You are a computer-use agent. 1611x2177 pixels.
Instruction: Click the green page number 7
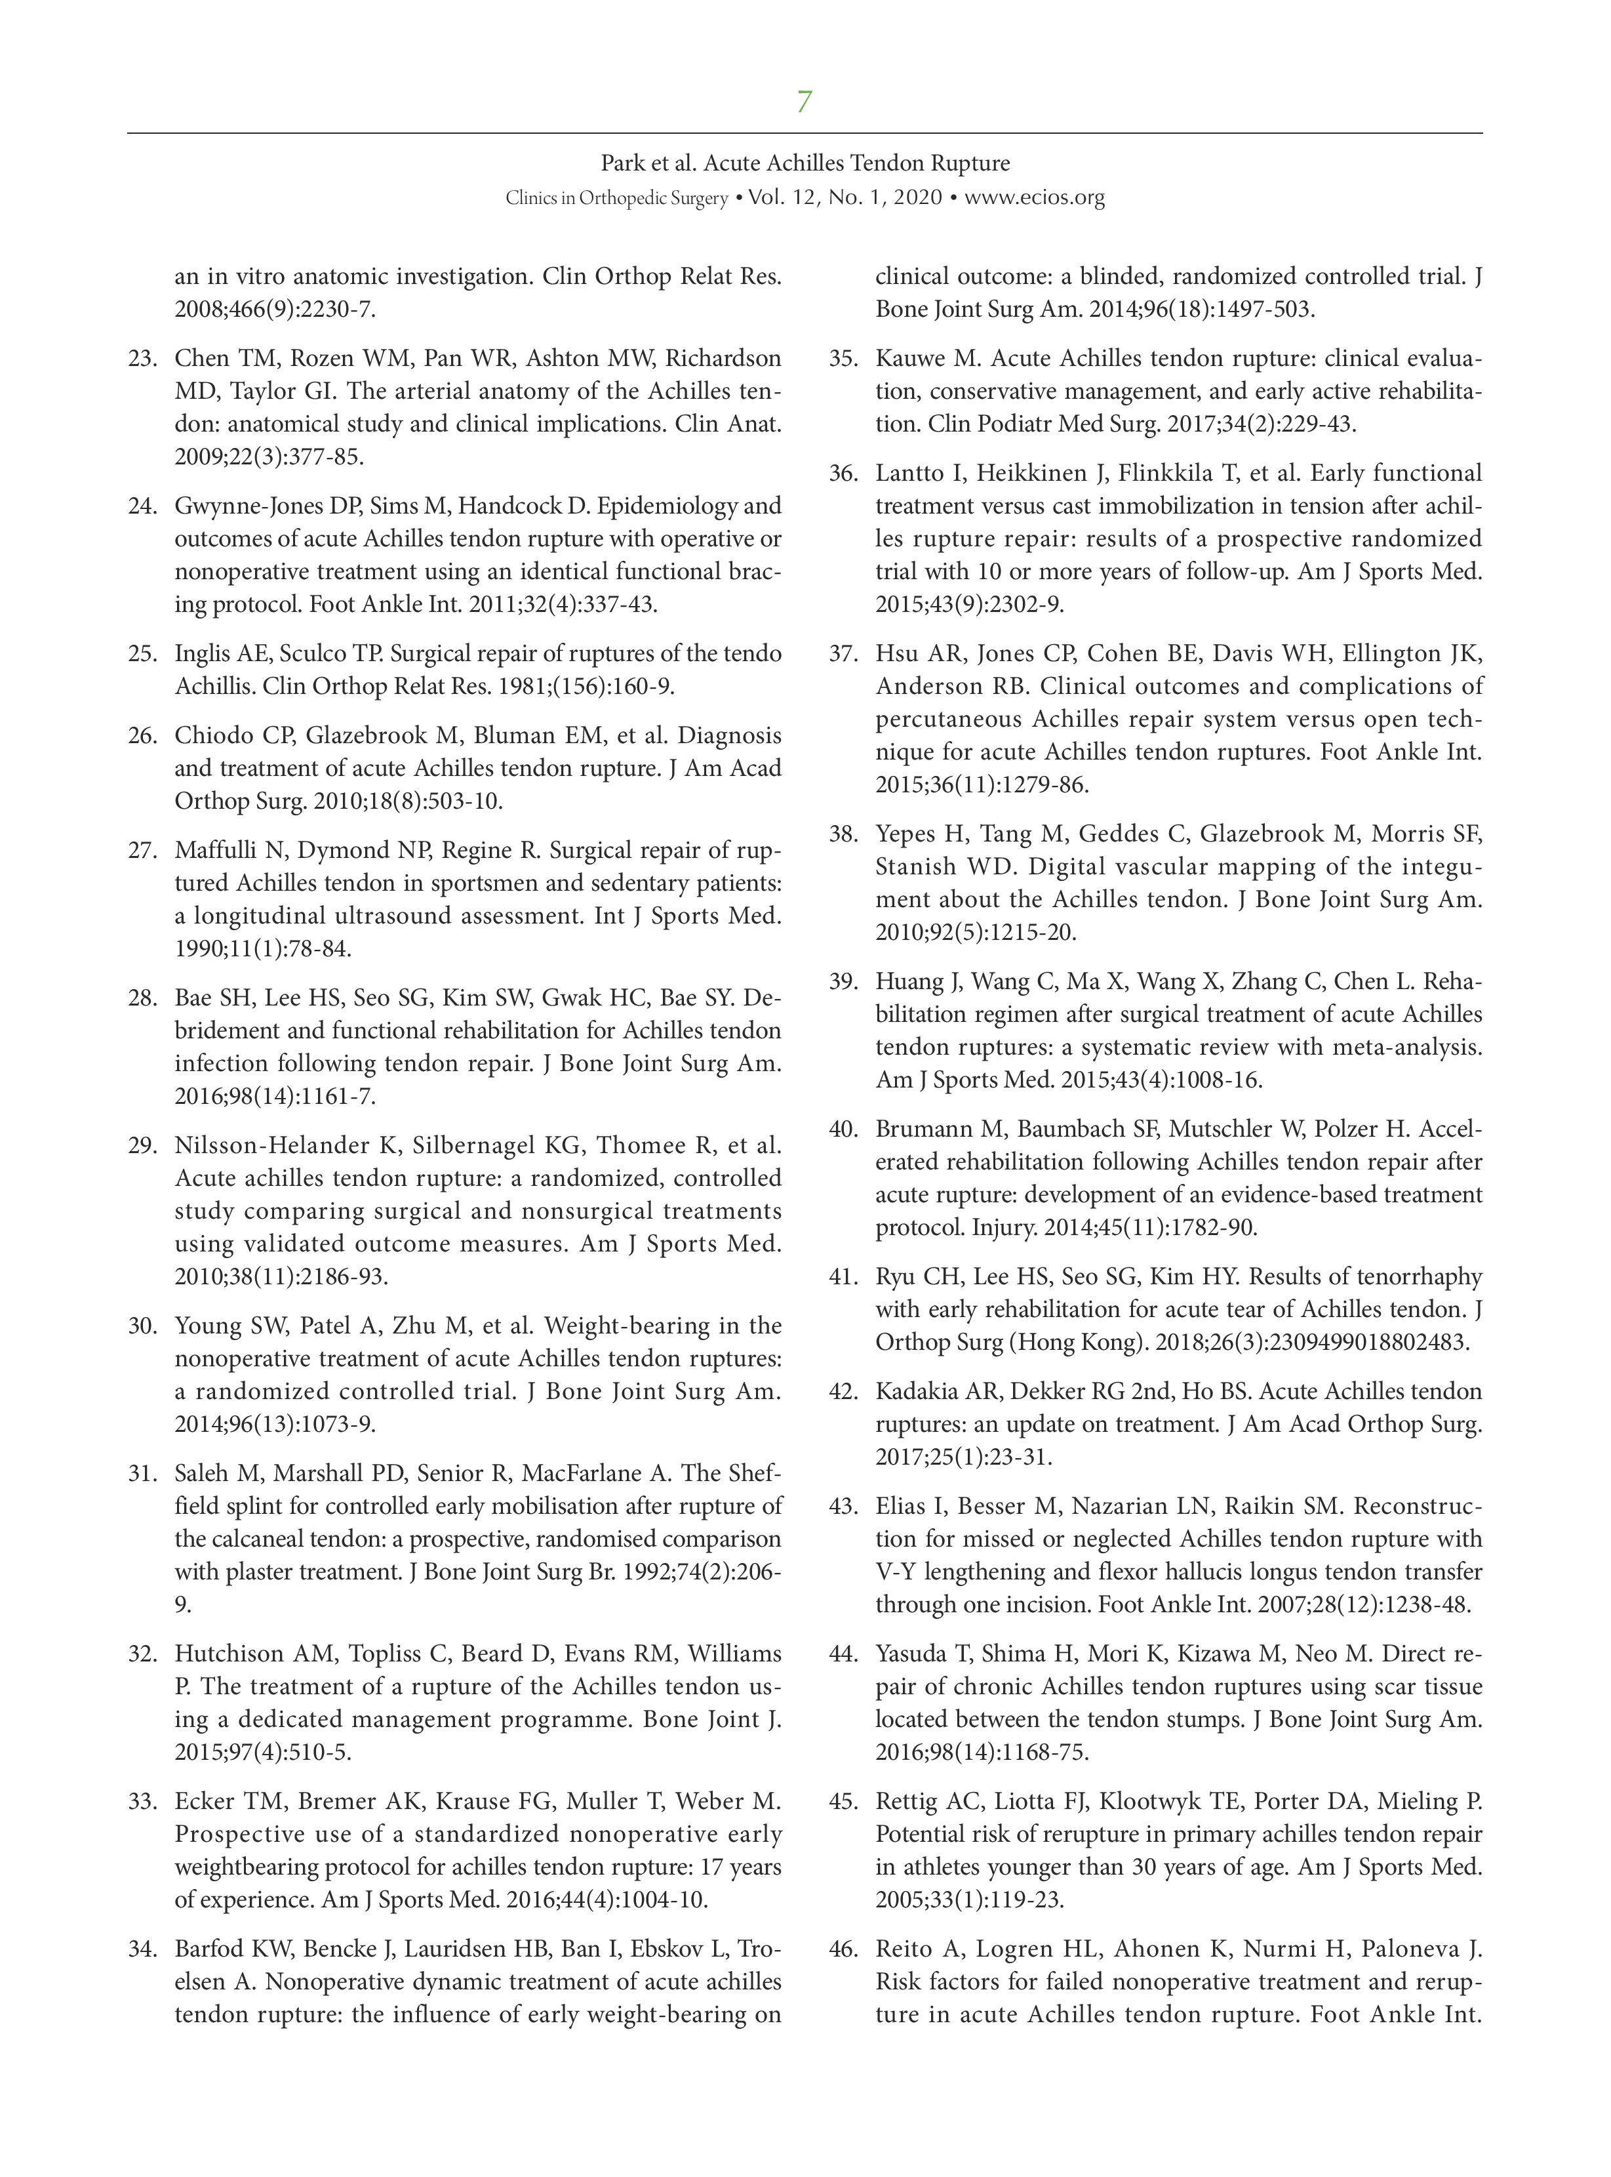point(804,102)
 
